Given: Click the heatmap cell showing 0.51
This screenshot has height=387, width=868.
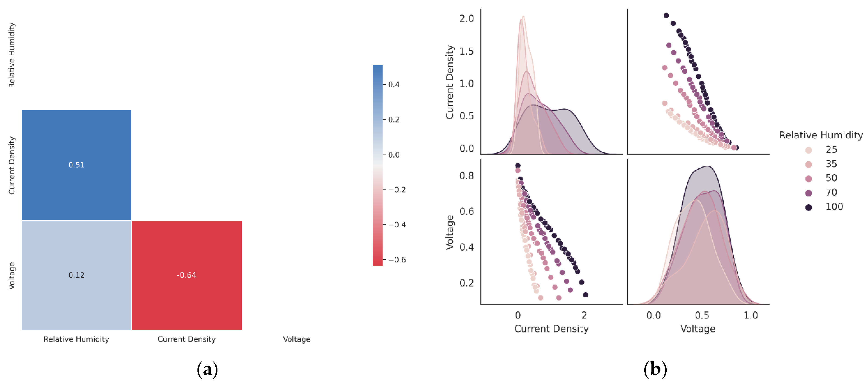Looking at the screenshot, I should (x=77, y=165).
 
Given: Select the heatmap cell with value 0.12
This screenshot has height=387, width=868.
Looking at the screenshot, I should (x=77, y=275).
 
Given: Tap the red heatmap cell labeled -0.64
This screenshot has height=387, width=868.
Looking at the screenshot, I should (x=187, y=275).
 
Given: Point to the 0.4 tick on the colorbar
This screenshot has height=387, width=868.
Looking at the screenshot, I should (x=394, y=85).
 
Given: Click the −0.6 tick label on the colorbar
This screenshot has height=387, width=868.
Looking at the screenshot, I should (x=397, y=260).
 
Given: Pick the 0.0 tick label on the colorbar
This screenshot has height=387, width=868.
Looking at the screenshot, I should (x=394, y=155).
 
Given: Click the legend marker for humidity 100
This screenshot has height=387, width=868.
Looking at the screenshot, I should (x=808, y=207).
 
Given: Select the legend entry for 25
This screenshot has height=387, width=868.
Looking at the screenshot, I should (x=831, y=150).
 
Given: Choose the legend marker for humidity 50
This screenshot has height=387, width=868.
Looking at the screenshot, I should (x=808, y=179).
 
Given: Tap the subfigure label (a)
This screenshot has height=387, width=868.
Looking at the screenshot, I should (x=207, y=370).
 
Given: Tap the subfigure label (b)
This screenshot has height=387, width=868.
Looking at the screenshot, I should (x=655, y=370).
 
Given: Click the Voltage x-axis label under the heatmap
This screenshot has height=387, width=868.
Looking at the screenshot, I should (x=297, y=339).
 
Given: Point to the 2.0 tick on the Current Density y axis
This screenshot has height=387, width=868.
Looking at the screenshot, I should (x=466, y=19).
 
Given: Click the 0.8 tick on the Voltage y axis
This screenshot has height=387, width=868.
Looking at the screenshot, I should (x=466, y=176).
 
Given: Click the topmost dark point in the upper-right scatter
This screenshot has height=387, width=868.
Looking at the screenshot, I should (x=666, y=15).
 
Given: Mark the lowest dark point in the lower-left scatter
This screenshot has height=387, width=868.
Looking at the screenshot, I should (x=586, y=295).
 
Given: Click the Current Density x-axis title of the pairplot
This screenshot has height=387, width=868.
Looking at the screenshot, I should (x=551, y=329).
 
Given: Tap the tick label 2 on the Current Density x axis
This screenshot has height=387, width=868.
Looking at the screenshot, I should (x=584, y=316).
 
